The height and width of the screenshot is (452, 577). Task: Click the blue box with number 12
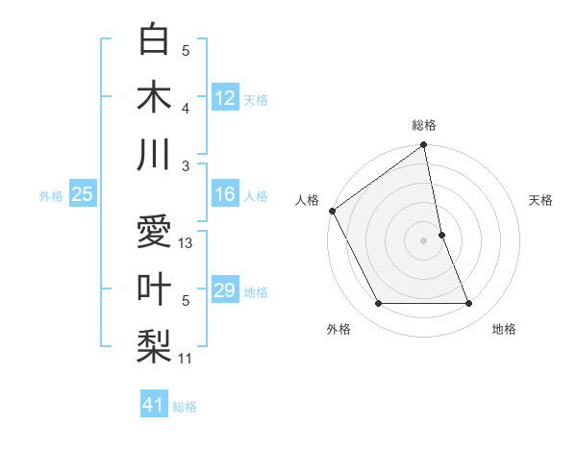[225, 98]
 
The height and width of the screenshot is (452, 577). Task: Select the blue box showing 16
[225, 194]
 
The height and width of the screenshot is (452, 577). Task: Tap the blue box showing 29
[225, 290]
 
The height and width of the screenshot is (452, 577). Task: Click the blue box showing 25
[83, 194]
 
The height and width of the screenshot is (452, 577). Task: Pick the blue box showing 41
[154, 405]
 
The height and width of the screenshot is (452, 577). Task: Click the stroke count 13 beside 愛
[187, 243]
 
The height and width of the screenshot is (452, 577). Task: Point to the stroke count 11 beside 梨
[187, 359]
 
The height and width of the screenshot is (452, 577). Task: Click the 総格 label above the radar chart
[424, 125]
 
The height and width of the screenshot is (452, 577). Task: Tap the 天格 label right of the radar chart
[540, 200]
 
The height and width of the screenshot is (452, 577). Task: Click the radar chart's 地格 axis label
[504, 329]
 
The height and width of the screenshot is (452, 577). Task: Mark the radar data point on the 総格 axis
[424, 146]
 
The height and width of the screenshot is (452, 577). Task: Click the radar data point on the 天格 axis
[441, 235]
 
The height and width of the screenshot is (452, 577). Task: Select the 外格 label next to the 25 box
[51, 195]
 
